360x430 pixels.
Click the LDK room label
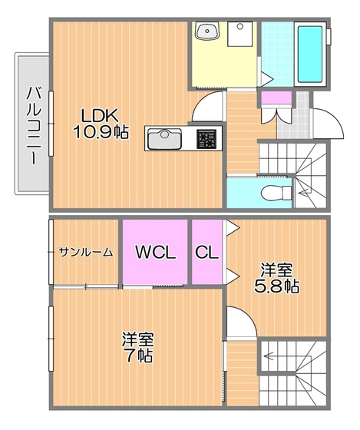click(100, 116)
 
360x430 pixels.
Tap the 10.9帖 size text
click(101, 132)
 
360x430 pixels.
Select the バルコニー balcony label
click(34, 125)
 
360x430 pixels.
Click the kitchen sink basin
click(164, 139)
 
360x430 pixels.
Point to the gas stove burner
click(206, 139)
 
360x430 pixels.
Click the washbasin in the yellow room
click(207, 31)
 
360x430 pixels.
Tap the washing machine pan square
click(240, 34)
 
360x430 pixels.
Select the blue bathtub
click(310, 54)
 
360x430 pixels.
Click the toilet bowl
click(276, 193)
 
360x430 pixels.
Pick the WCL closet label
click(156, 252)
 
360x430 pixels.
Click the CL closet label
click(206, 252)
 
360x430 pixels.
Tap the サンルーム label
click(86, 252)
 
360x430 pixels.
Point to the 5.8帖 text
click(276, 286)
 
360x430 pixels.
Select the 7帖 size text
click(138, 356)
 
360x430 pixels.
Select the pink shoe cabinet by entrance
click(276, 98)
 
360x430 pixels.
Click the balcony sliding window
click(51, 124)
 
